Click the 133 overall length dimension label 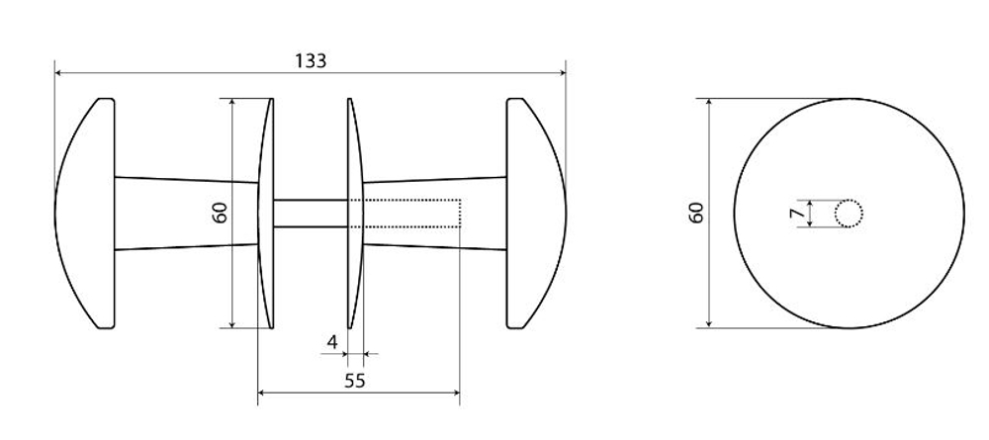click(x=311, y=60)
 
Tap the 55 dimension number click(x=355, y=381)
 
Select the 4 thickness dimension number click(x=332, y=342)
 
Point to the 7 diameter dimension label click(x=796, y=213)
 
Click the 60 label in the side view click(x=220, y=213)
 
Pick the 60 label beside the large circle click(x=696, y=213)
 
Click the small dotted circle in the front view click(x=849, y=213)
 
